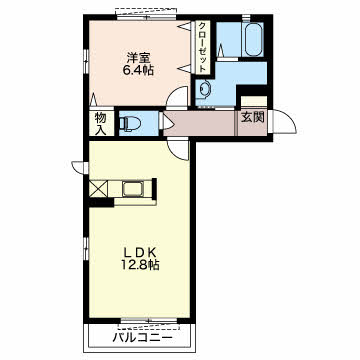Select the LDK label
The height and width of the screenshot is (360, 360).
[140, 252]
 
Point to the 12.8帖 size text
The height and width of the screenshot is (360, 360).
[140, 265]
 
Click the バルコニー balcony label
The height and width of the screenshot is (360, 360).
[143, 338]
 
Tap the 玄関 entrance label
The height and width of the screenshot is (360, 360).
[253, 117]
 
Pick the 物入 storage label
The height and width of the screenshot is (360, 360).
[100, 124]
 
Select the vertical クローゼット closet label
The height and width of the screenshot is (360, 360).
[202, 47]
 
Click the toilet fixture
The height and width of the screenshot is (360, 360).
[129, 123]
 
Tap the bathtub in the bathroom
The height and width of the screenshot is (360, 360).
[254, 39]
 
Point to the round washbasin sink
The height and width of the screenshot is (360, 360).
[204, 89]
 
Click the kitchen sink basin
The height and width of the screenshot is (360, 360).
[133, 189]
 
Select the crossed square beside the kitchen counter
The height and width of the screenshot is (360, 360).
[99, 188]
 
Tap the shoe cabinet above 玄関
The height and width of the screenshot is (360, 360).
[254, 101]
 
